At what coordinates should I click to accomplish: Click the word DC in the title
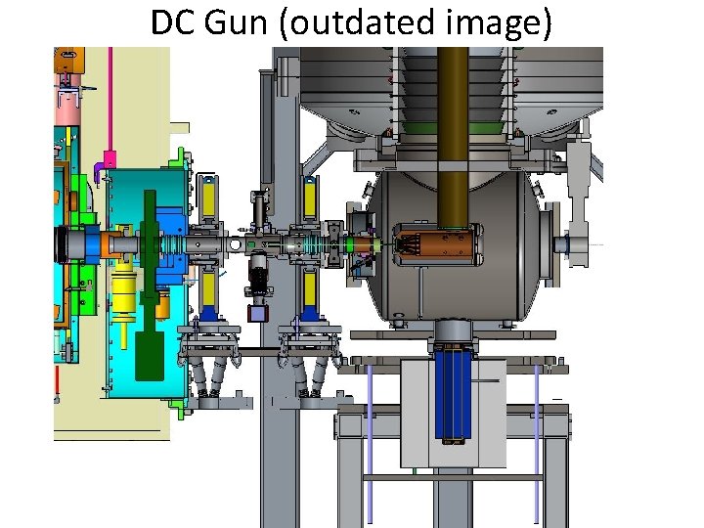(x=173, y=22)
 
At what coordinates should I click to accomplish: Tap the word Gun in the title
(x=236, y=22)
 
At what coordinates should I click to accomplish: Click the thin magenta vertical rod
(x=110, y=99)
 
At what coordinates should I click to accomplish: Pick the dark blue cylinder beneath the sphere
(x=453, y=395)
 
